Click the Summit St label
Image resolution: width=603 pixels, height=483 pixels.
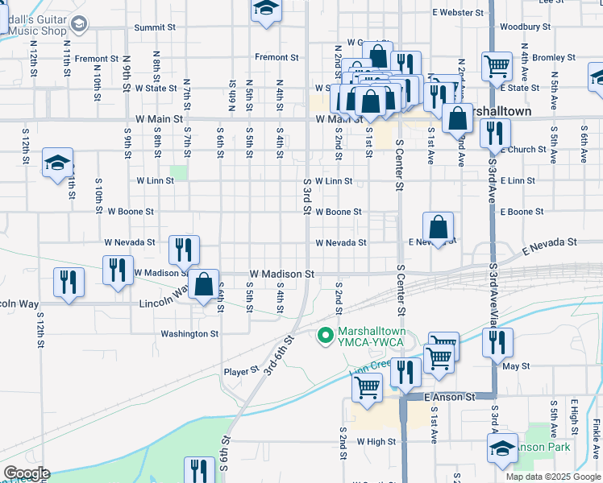[155, 27]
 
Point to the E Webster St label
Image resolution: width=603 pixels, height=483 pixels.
[457, 13]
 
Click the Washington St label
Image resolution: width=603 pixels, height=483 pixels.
[189, 333]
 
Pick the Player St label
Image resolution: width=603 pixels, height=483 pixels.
[240, 372]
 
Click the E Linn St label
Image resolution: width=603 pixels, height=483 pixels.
[517, 181]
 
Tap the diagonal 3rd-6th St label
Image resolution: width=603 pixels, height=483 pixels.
[280, 355]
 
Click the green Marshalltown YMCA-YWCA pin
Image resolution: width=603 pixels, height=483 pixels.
[326, 336]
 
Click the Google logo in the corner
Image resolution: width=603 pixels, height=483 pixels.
[27, 473]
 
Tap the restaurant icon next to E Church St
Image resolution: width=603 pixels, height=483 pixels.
[495, 131]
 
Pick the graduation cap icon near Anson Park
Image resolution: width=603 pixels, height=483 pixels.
[503, 447]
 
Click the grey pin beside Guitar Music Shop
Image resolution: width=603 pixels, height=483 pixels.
[78, 24]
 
